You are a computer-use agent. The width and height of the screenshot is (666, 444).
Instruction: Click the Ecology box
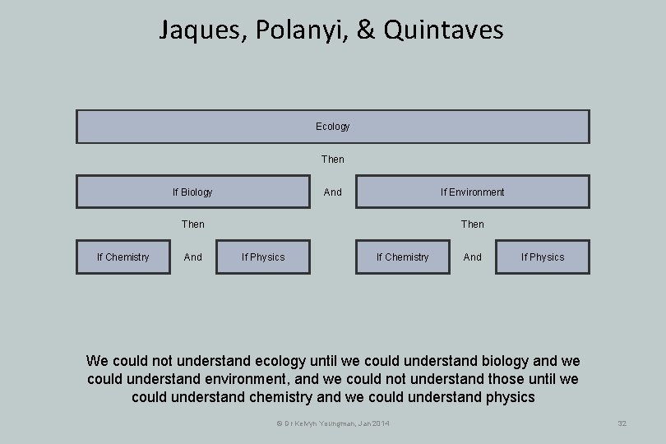[x=332, y=127]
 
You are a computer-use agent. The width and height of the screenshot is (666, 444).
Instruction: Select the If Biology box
[x=192, y=192]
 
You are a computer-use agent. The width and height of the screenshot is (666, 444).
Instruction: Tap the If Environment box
[x=472, y=192]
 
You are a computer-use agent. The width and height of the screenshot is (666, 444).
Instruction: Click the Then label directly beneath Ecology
[x=333, y=159]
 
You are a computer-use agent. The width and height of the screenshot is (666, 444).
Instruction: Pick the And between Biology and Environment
[x=333, y=192]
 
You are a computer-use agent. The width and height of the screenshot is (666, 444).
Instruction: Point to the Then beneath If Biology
[x=193, y=224]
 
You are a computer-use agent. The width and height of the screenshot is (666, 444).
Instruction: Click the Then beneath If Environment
[x=473, y=224]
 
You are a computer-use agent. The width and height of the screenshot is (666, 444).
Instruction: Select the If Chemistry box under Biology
[x=123, y=257]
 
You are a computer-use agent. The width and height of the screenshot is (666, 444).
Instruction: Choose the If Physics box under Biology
[x=263, y=257]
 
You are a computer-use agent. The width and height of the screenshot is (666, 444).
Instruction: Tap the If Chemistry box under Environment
[x=402, y=257]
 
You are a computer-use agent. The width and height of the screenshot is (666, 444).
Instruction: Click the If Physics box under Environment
[x=543, y=257]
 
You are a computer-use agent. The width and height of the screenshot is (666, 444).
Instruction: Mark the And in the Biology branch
[x=193, y=257]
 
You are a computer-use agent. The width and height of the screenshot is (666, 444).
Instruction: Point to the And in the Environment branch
[x=473, y=257]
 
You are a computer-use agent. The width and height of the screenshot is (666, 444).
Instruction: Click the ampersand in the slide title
[x=368, y=31]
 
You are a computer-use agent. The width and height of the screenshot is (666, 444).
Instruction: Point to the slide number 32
[x=622, y=423]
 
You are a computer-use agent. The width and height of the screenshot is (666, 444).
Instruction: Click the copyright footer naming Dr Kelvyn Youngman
[x=333, y=423]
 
